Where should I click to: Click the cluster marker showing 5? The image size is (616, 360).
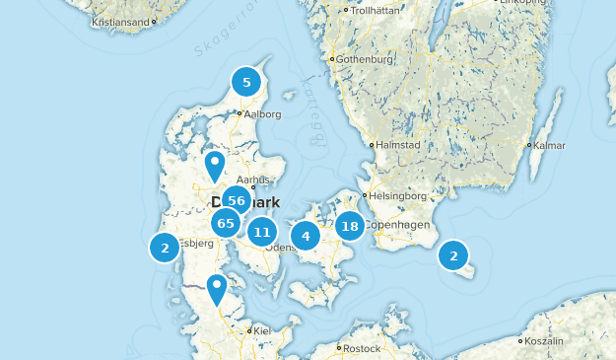[246, 83]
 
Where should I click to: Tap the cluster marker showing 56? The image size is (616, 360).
[237, 201]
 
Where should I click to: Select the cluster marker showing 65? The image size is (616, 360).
[227, 224]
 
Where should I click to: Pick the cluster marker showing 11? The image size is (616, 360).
[261, 233]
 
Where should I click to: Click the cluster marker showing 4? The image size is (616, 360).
[306, 236]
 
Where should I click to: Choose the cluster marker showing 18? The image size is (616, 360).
[349, 226]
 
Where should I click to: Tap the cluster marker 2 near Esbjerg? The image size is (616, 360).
[165, 248]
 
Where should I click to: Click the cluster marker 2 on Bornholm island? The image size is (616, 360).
[453, 256]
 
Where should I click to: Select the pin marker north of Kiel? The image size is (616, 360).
[216, 289]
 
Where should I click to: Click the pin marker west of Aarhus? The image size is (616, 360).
[214, 166]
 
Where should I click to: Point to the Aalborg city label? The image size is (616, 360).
[261, 114]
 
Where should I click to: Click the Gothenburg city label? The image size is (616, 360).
[365, 59]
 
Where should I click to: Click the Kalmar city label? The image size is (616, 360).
[550, 145]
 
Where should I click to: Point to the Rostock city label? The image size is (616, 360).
[363, 348]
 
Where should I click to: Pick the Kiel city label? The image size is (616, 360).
[262, 331]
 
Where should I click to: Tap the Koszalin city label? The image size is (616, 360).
[545, 340]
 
